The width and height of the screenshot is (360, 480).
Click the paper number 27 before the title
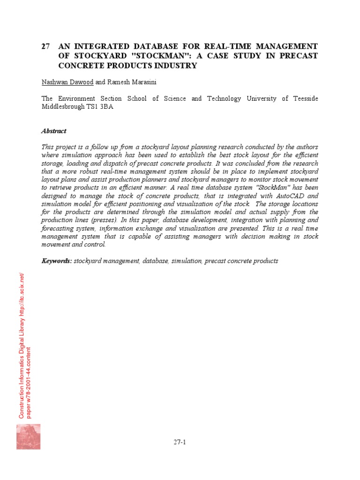[x=45, y=46]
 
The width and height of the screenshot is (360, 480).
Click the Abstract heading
[x=54, y=131]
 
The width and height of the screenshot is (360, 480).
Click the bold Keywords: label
[x=57, y=261]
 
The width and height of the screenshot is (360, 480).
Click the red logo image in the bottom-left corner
[x=28, y=436]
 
